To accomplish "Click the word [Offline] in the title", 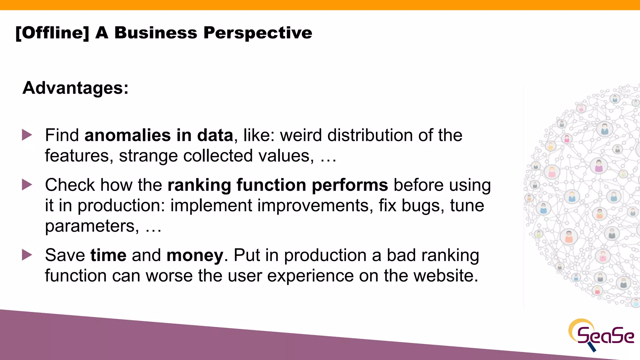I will click(52, 33).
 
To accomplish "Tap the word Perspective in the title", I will click(257, 33).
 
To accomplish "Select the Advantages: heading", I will click(75, 88).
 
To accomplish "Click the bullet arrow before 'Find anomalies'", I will click(27, 135).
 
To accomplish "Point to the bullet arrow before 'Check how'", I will click(27, 185).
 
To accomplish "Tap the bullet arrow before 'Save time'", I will click(27, 255).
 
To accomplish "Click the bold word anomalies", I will click(127, 135).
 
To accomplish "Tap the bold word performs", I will click(350, 185).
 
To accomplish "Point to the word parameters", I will click(92, 226).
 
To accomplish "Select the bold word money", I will click(195, 255).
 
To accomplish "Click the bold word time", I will click(108, 255).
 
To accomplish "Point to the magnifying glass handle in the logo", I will click(592, 347).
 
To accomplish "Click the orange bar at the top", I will click(320, 5).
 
